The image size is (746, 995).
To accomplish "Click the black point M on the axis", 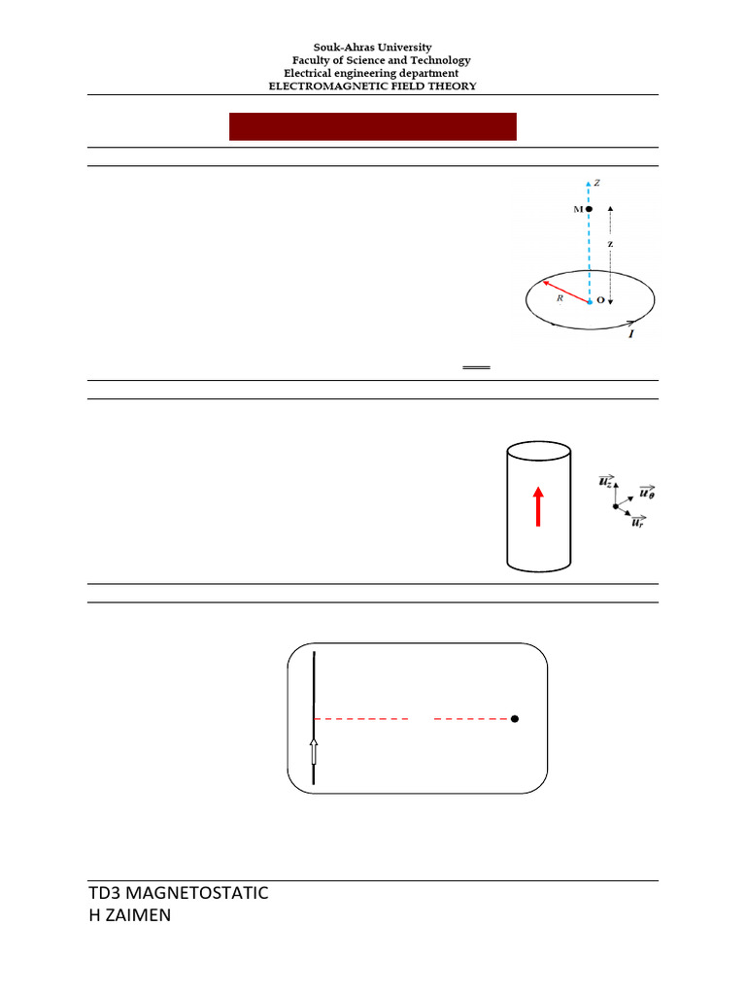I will click(589, 209).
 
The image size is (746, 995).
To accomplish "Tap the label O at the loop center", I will click(600, 301).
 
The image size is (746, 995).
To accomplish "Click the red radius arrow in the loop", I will click(565, 292).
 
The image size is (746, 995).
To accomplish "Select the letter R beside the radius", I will click(559, 301).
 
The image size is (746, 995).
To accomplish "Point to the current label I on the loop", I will click(631, 333).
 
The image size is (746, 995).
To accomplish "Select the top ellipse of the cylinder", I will click(539, 452).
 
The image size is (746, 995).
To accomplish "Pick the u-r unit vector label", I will click(637, 524).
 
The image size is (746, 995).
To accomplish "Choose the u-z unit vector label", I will click(604, 483).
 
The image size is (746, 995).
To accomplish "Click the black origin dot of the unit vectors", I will click(615, 506).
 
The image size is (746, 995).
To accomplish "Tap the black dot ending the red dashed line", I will click(515, 719).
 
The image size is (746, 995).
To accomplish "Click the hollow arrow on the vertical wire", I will click(314, 752).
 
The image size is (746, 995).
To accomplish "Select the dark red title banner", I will click(372, 127).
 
